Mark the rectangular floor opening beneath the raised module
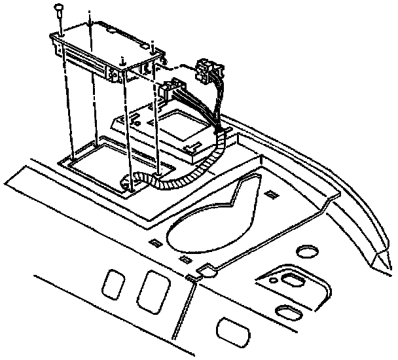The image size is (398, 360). point(98,163)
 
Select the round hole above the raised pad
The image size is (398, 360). point(305,251)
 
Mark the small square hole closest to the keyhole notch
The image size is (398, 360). point(185,261)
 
